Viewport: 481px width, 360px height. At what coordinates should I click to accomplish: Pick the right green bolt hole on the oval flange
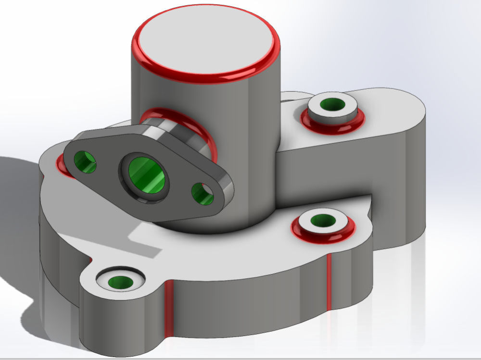pos(203,194)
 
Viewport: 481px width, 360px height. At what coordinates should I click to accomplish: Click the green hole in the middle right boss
pos(323,221)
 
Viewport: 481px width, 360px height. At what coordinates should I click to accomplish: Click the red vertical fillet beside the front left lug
pos(168,308)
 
